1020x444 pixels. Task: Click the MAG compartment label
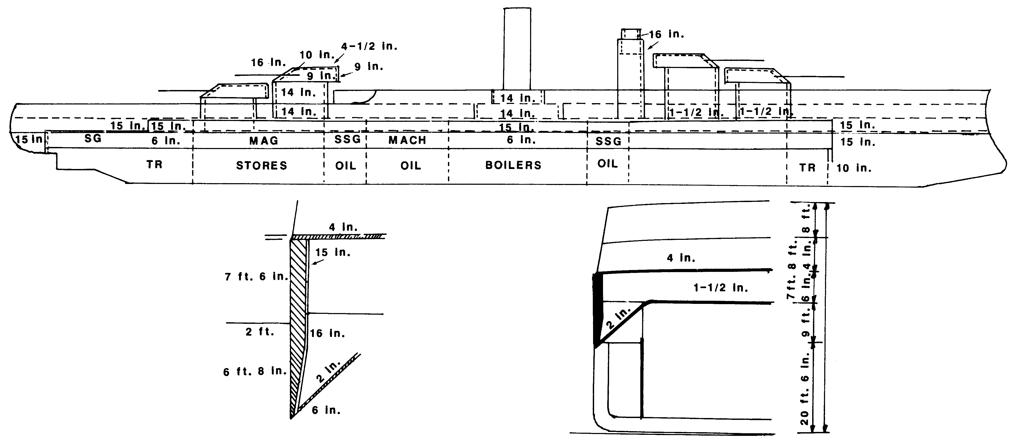click(x=264, y=141)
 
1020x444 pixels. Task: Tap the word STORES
click(x=261, y=166)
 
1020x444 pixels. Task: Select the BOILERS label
click(x=513, y=165)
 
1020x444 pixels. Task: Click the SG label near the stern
click(x=93, y=138)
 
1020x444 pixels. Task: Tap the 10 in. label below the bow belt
click(x=854, y=168)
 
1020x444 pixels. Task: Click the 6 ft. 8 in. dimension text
click(x=255, y=372)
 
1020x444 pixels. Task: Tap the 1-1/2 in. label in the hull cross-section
click(x=721, y=288)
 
